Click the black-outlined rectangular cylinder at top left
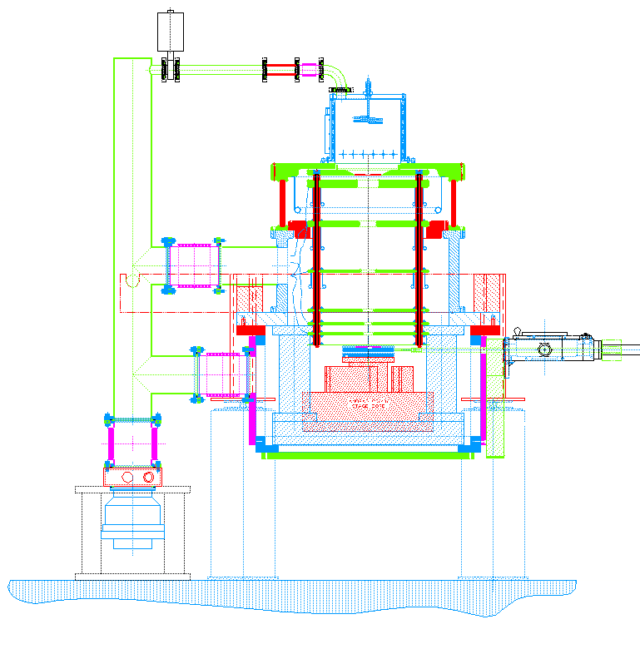point(170,32)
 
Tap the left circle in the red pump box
point(127,477)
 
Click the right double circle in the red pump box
point(149,477)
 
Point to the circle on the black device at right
point(545,349)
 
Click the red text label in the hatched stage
point(368,403)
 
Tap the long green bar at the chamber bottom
point(366,456)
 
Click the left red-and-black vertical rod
point(317,258)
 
